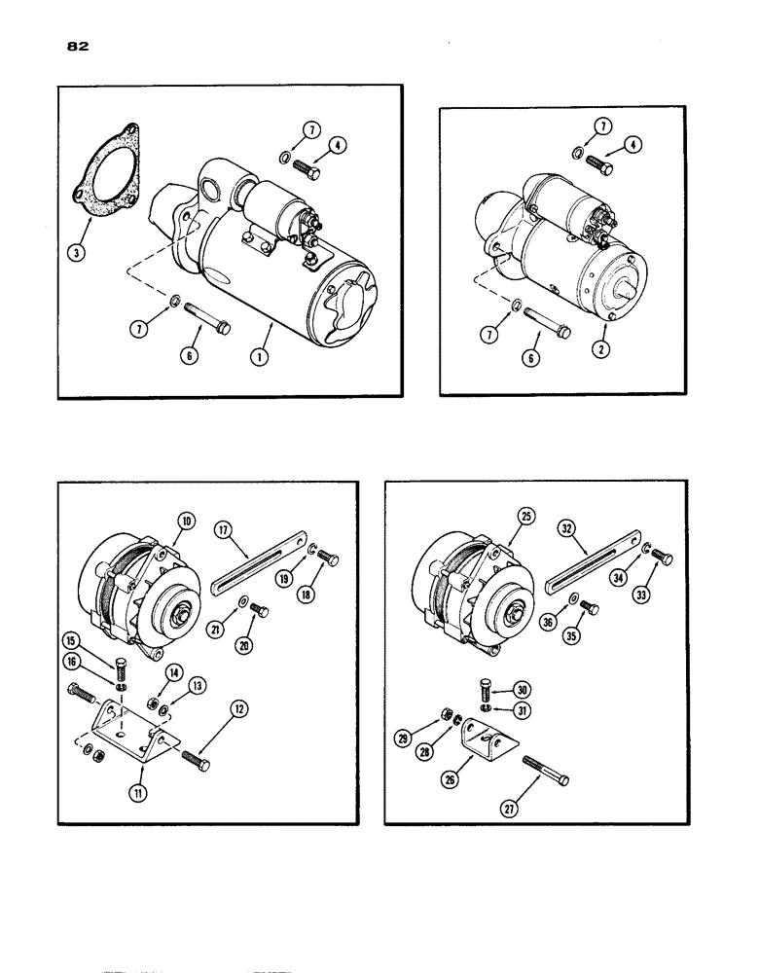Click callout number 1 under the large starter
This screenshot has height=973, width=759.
(260, 356)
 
